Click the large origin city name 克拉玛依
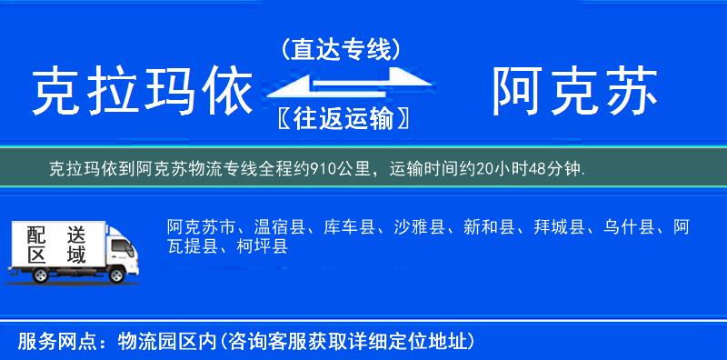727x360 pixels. [141, 92]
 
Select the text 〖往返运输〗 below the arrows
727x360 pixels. [340, 119]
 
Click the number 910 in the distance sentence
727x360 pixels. [324, 169]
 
